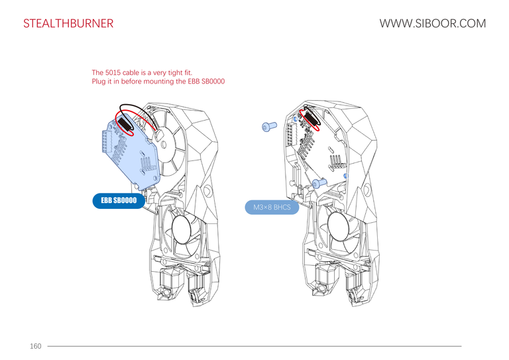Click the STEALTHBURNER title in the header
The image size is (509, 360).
click(x=68, y=24)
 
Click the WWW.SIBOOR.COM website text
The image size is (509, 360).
click(x=432, y=24)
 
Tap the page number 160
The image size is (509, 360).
click(x=35, y=346)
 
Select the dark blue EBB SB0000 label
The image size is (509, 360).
click(x=119, y=200)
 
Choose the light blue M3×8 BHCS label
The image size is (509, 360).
click(x=272, y=208)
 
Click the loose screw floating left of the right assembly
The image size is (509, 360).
click(x=268, y=126)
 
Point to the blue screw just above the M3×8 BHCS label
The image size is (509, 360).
click(x=318, y=182)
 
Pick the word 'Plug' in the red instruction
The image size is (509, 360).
click(x=99, y=82)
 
